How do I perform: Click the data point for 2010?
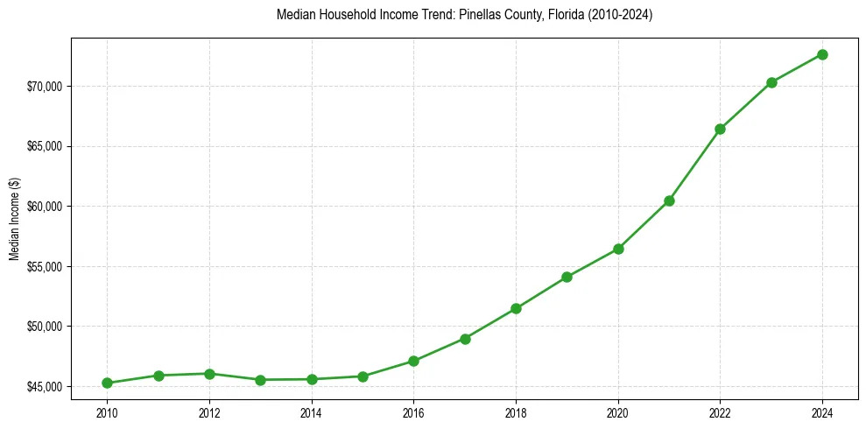click(x=107, y=383)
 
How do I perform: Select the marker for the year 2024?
click(x=822, y=54)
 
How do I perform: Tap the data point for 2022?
click(x=720, y=129)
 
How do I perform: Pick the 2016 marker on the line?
click(x=413, y=361)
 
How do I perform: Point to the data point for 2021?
click(x=669, y=200)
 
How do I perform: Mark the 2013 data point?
click(x=260, y=380)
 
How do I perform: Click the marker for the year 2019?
click(x=567, y=277)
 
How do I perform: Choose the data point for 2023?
click(x=771, y=82)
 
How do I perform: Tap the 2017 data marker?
click(x=465, y=339)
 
